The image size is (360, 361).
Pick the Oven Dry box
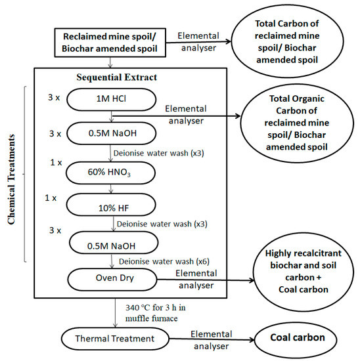click(x=111, y=278)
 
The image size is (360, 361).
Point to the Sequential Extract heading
click(x=124, y=77)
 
